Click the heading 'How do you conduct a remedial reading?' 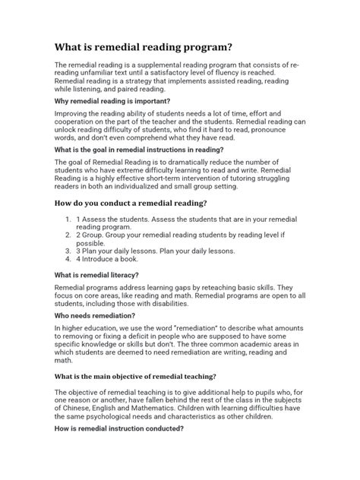click(x=142, y=202)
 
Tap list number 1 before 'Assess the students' click(x=69, y=219)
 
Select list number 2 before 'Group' click(x=69, y=235)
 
